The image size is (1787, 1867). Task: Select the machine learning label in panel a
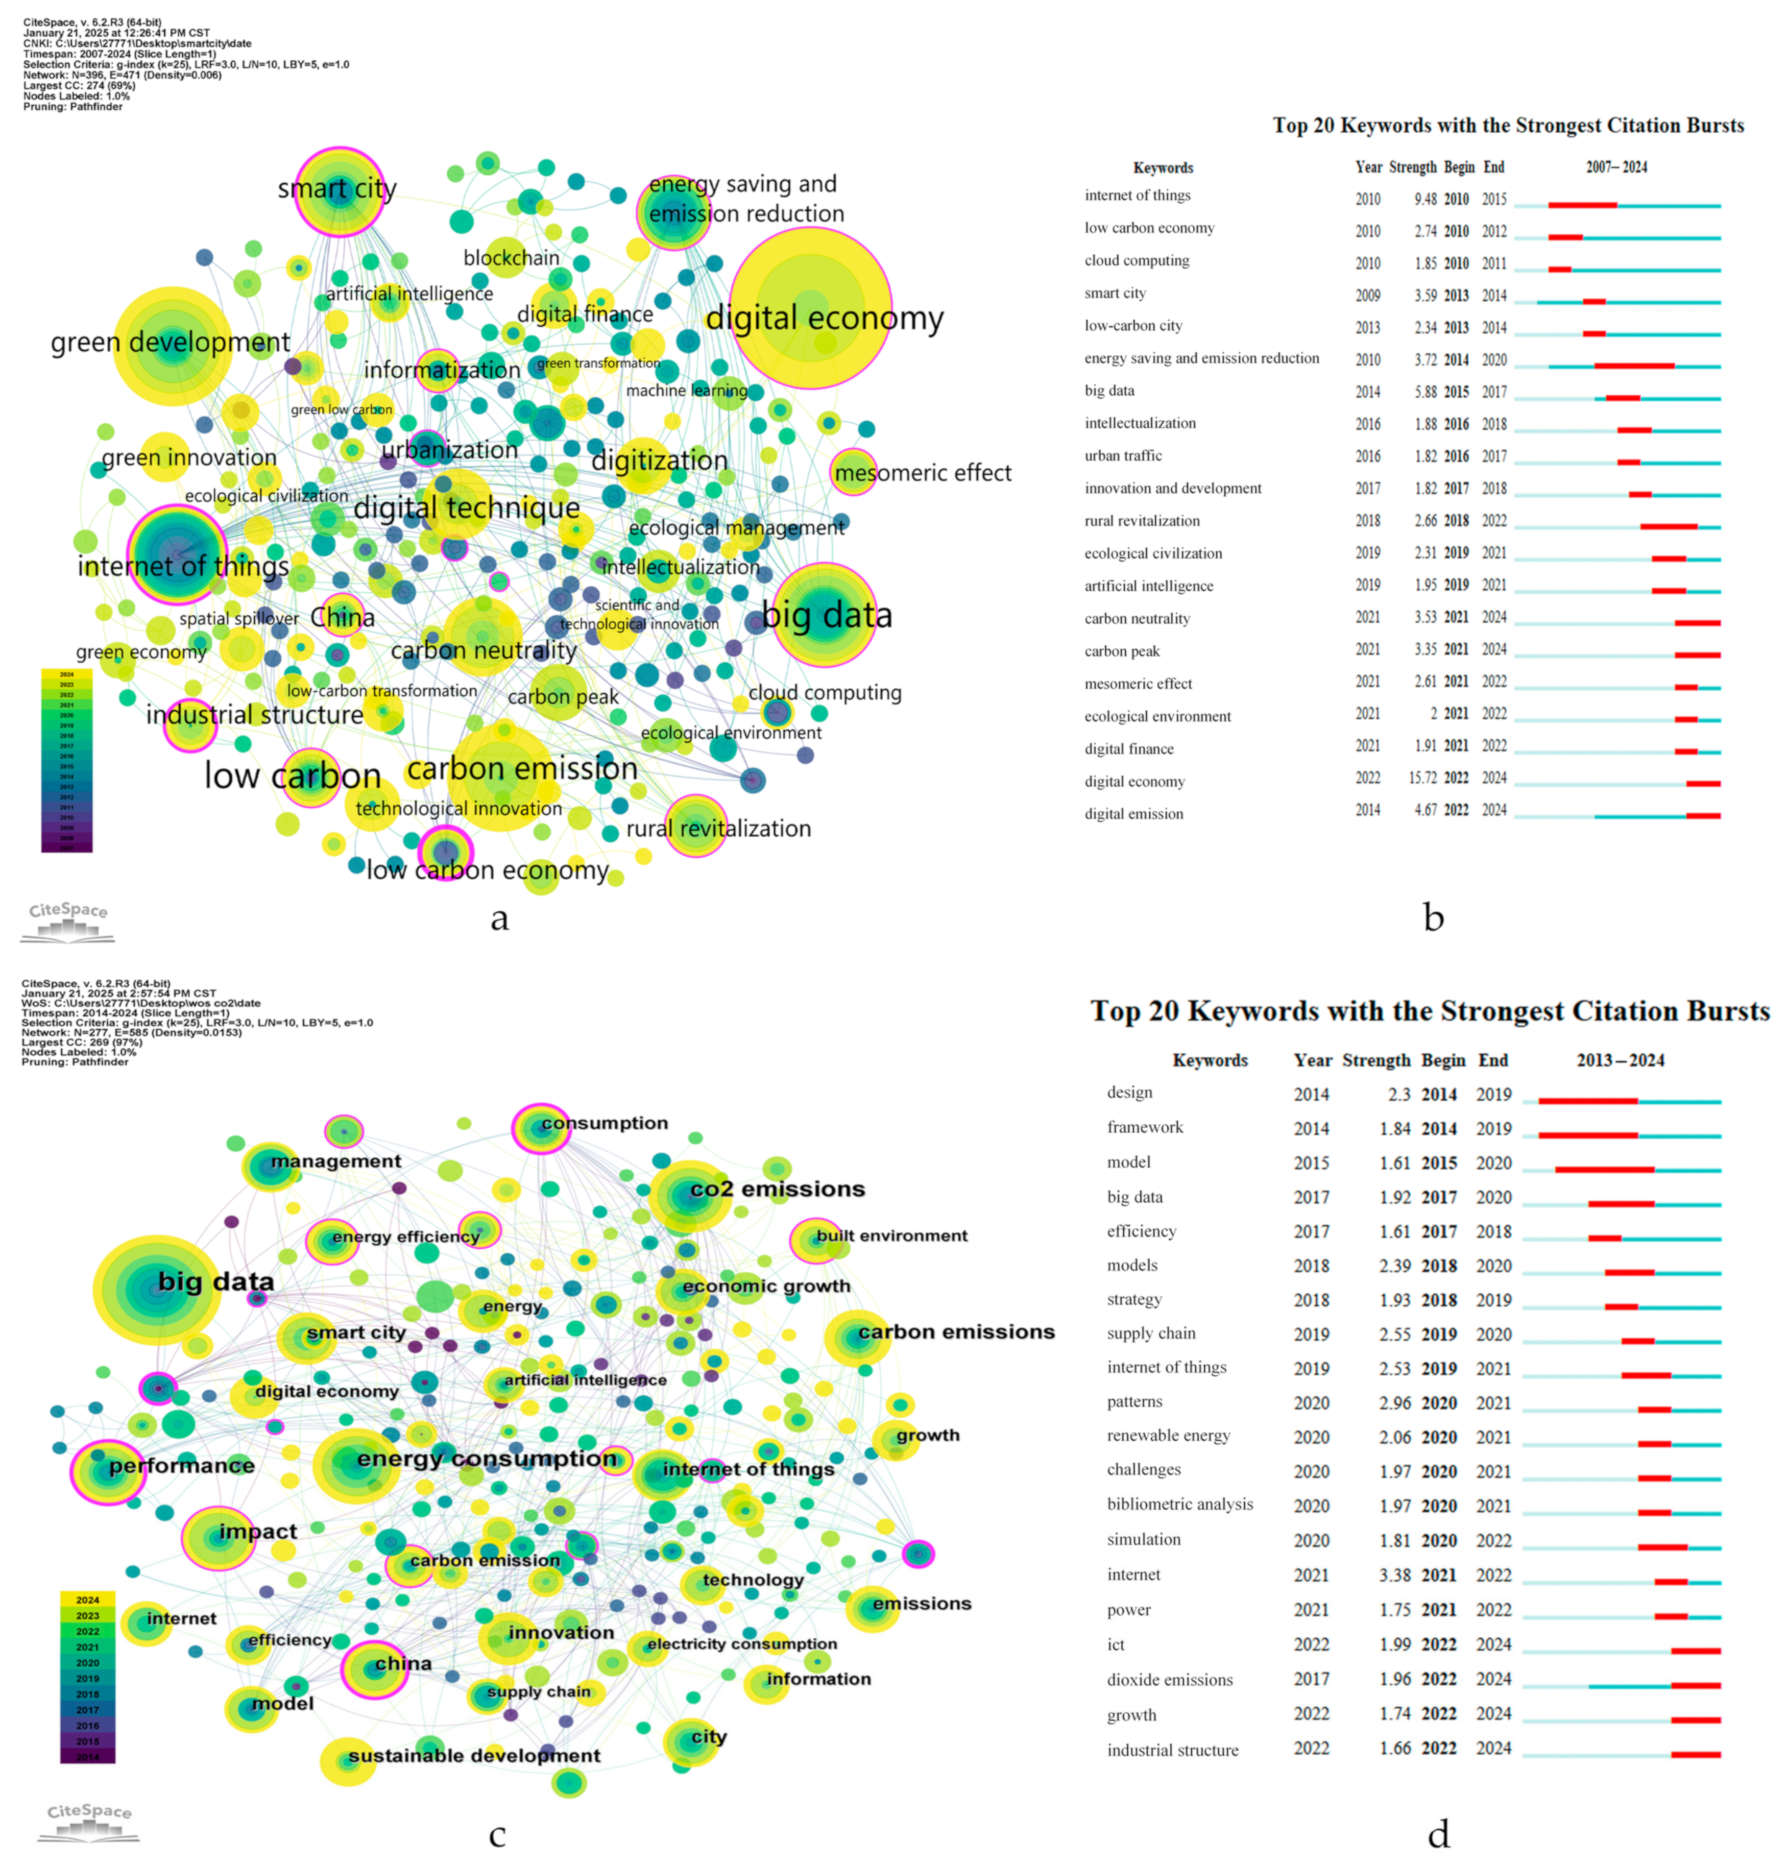(686, 391)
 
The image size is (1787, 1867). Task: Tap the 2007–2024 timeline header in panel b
(1616, 167)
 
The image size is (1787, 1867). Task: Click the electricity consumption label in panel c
(742, 1643)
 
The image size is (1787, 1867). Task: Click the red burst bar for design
(1588, 1101)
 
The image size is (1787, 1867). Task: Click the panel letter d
(1438, 1833)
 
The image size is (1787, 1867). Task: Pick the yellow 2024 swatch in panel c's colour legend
(88, 1599)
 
